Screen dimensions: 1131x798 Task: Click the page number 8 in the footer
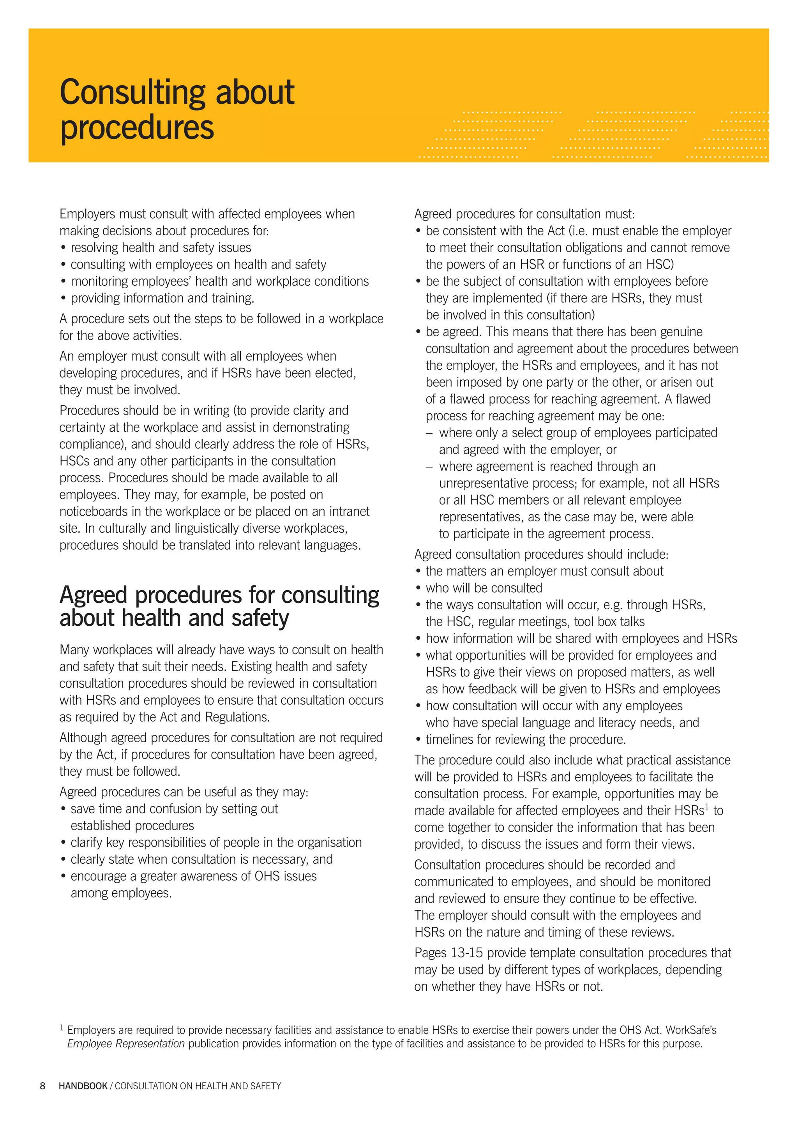coord(42,1086)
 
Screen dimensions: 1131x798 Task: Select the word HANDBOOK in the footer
coord(83,1086)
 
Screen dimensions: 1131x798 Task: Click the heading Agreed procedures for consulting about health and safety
coord(219,606)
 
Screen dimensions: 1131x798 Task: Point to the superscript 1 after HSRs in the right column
coord(707,807)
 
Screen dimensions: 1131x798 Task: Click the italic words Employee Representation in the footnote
coord(125,1043)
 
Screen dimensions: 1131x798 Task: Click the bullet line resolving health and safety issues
coord(161,247)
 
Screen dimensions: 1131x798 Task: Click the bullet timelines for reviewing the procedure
coord(526,739)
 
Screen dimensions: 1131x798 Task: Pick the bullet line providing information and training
coord(162,298)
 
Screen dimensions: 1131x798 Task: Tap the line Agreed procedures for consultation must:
coord(524,214)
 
